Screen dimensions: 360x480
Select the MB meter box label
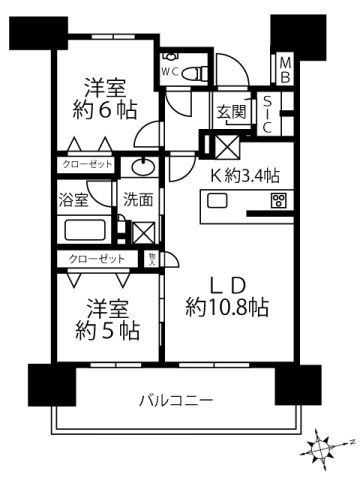pos(285,69)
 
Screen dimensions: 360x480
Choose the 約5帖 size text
pos(107,329)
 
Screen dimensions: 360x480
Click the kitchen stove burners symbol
pos(278,202)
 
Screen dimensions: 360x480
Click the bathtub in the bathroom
pos(89,229)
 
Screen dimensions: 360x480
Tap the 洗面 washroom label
pos(138,198)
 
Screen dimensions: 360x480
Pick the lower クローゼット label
pos(98,259)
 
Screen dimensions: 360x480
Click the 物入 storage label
pos(152,259)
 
